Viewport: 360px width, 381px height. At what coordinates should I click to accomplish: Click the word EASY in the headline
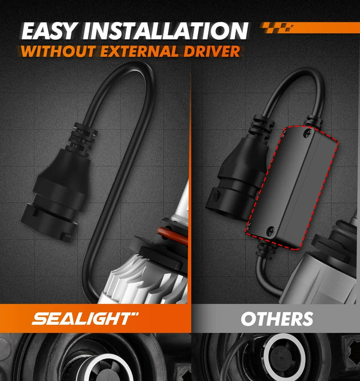pos(48,31)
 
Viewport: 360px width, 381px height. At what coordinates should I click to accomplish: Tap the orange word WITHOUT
pos(58,51)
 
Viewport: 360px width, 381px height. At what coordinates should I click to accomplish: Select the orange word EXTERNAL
pos(139,51)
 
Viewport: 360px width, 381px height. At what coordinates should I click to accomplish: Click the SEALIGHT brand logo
pos(85,319)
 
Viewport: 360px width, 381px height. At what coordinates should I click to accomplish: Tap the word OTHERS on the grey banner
pos(277,319)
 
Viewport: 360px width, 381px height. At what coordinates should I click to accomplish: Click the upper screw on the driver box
pos(308,133)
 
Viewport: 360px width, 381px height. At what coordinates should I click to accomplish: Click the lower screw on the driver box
pos(270,231)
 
